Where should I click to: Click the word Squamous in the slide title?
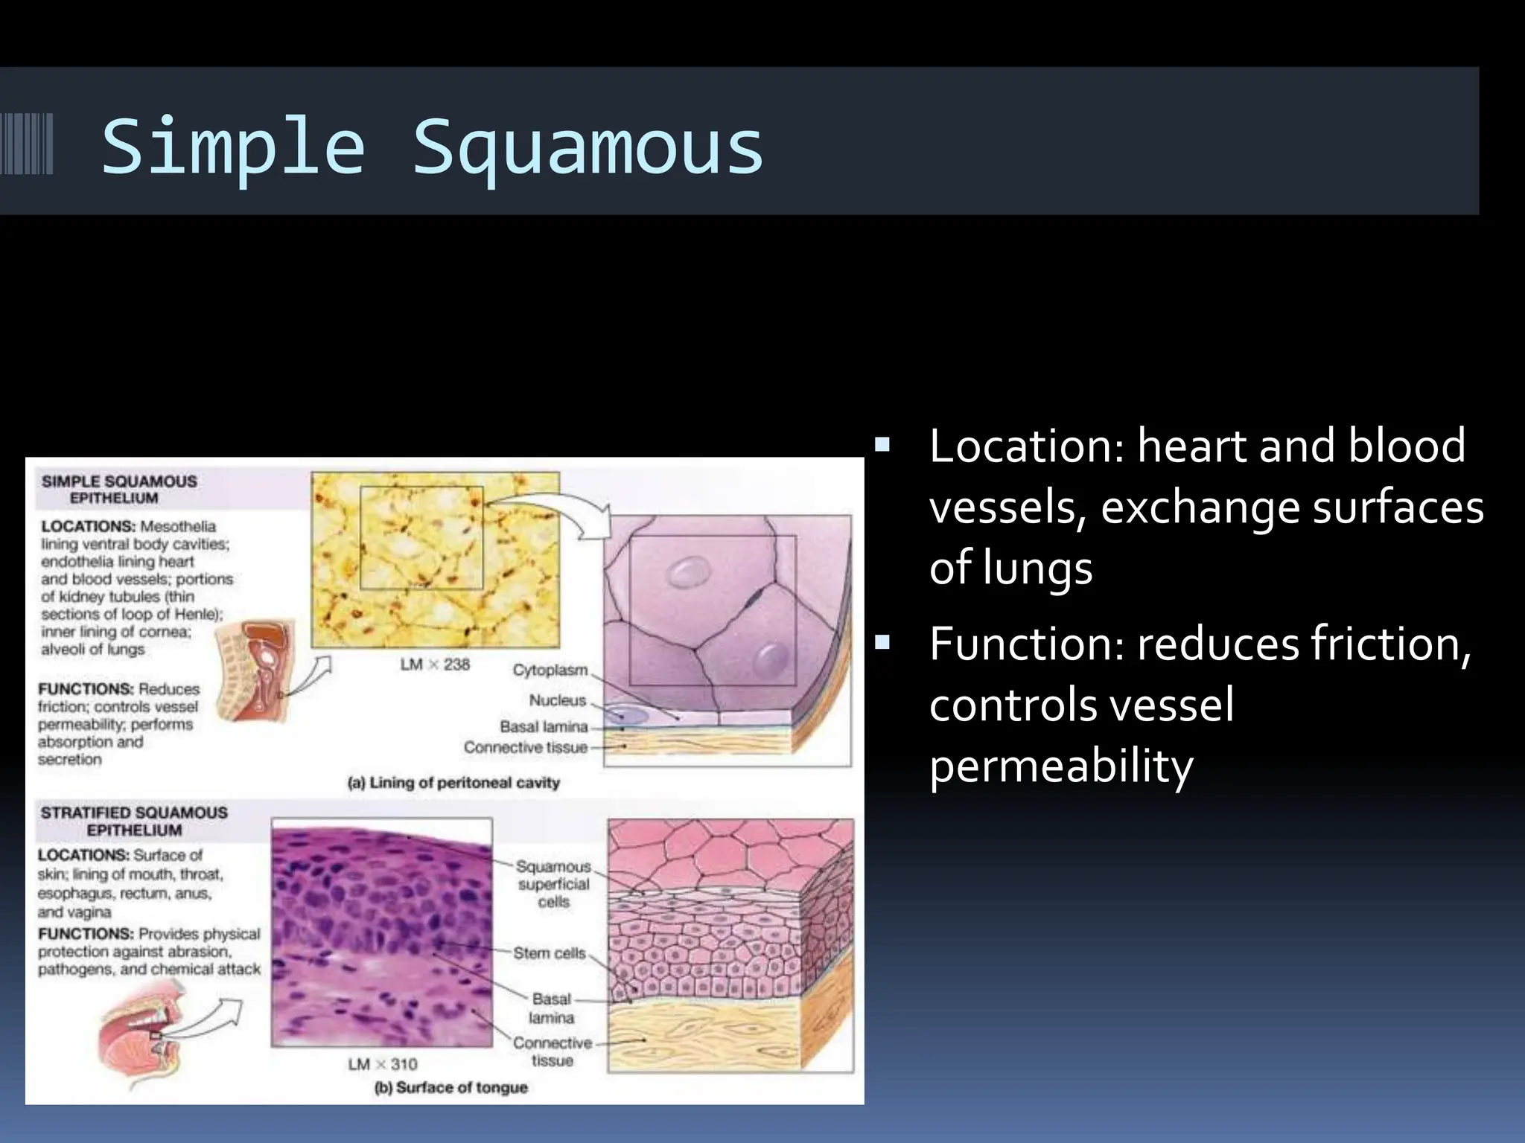[x=588, y=147]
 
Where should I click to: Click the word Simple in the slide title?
[x=233, y=147]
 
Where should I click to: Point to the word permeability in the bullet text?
[x=1061, y=766]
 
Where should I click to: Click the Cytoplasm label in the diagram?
[x=550, y=670]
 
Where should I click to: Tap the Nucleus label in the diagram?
[x=558, y=700]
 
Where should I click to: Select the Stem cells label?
[x=550, y=953]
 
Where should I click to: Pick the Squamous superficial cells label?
[x=553, y=884]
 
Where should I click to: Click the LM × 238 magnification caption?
[x=435, y=665]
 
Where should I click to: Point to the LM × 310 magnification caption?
[x=383, y=1064]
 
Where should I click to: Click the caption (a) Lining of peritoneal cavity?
[x=453, y=783]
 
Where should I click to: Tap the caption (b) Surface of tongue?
[x=451, y=1088]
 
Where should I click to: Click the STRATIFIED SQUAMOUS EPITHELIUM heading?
[x=134, y=821]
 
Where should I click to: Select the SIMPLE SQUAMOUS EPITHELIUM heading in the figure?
[x=119, y=489]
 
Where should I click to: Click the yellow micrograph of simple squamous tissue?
[x=435, y=559]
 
